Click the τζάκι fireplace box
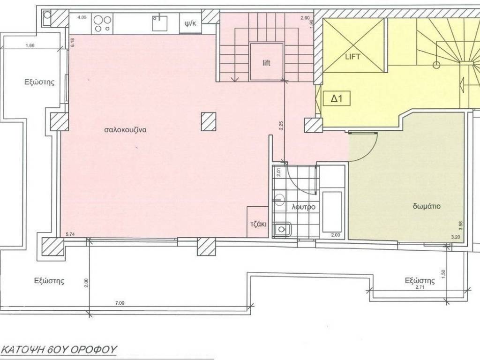(258, 224)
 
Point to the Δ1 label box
(337, 99)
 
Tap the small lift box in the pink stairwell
(267, 62)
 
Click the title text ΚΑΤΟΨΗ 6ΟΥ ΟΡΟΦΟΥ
(59, 349)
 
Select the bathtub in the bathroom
(333, 211)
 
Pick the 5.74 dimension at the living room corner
(71, 234)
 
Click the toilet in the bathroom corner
(282, 229)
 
